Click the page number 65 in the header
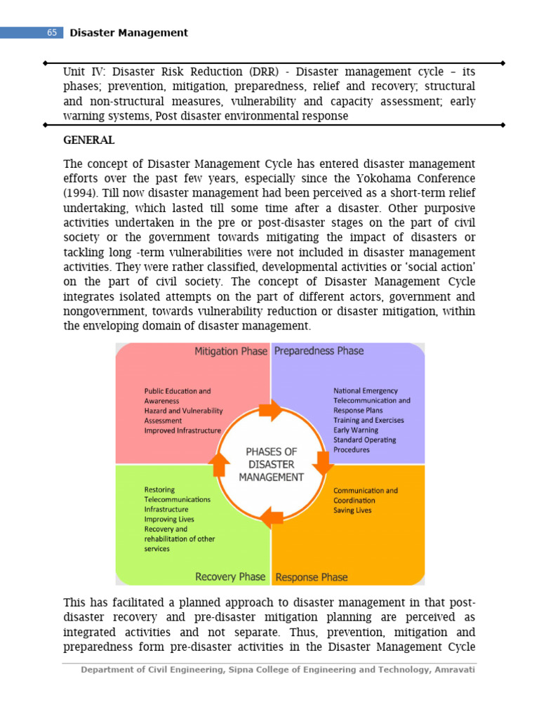[52, 33]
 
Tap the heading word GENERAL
[88, 140]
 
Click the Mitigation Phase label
[231, 351]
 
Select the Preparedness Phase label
[319, 350]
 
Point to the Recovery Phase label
[230, 576]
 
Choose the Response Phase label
[312, 577]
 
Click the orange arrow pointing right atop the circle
[269, 411]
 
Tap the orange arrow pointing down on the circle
[323, 462]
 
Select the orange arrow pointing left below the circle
[271, 518]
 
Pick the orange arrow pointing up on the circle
[220, 463]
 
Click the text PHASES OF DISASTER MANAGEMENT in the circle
[271, 464]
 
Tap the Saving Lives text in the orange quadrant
[352, 510]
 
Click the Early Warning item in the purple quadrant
[355, 430]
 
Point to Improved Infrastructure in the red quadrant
[182, 430]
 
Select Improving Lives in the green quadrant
[169, 519]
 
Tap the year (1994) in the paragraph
[83, 193]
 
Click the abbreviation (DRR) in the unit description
[263, 72]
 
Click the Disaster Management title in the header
[128, 33]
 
